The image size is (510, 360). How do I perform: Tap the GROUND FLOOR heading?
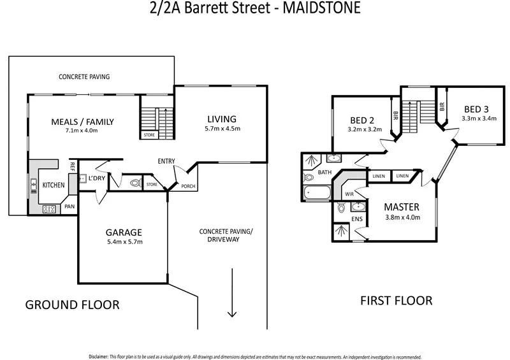[x=72, y=305]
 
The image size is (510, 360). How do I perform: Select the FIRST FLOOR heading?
[x=396, y=300]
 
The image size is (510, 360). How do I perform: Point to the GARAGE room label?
[x=124, y=232]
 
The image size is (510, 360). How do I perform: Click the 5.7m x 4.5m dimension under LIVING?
[x=222, y=129]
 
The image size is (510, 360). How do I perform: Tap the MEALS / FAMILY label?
[x=83, y=121]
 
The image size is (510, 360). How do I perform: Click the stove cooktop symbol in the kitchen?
[x=48, y=208]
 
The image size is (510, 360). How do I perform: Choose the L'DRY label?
[x=97, y=178]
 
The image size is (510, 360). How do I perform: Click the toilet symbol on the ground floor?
[x=133, y=183]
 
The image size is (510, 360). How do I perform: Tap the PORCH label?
[x=188, y=187]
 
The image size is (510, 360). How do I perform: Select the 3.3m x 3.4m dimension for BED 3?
[x=477, y=118]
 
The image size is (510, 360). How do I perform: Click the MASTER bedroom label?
[x=402, y=207]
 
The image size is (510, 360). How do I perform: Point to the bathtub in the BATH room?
[x=317, y=192]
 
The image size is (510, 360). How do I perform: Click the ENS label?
[x=357, y=220]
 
